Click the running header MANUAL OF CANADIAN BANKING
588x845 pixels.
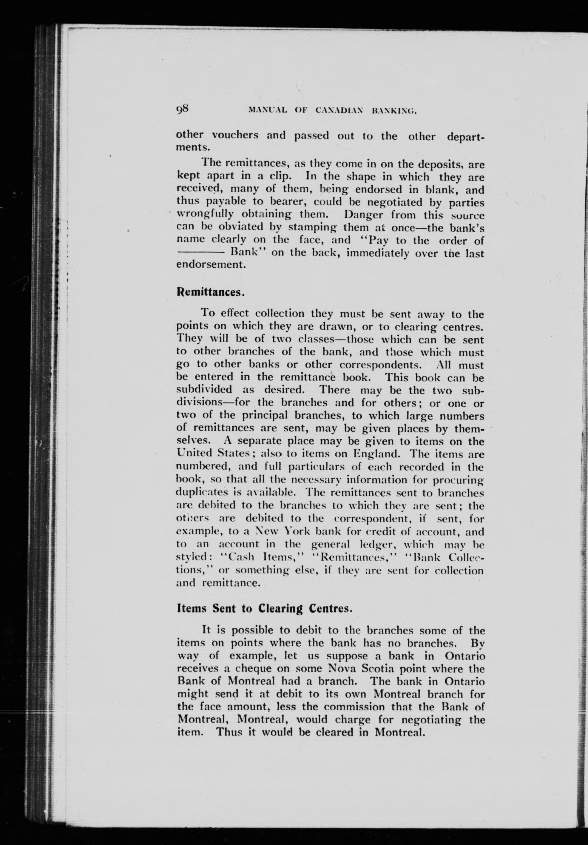[x=333, y=109]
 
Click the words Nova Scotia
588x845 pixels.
[x=361, y=669]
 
